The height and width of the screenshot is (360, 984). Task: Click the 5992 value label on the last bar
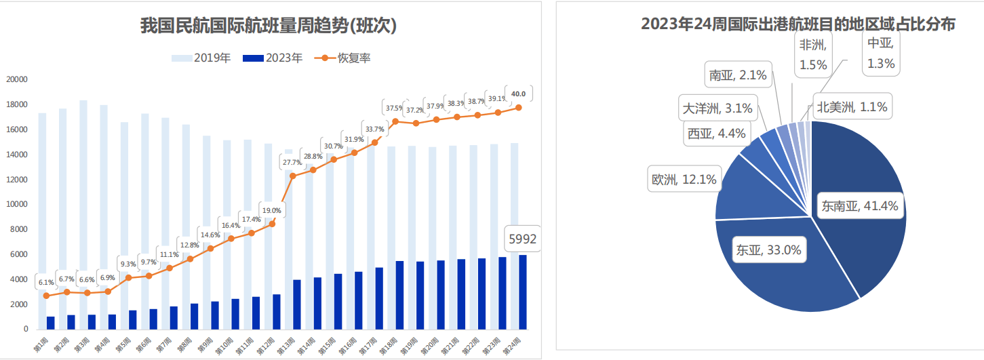522,239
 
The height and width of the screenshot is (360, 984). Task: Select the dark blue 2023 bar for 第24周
522,292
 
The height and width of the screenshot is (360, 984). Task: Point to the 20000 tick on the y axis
17,79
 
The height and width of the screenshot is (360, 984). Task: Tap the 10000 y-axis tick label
17,204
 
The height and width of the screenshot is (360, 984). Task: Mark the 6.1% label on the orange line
46,282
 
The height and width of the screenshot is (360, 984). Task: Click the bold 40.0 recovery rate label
519,94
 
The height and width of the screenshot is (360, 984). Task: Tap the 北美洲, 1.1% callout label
851,106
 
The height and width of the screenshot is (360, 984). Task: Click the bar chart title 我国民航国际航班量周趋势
269,26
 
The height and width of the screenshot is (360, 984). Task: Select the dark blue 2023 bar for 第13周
296,304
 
